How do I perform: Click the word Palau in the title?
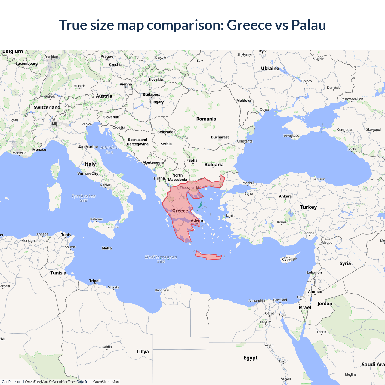click(x=309, y=25)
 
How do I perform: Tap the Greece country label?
click(x=180, y=211)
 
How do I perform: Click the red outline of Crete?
click(x=208, y=256)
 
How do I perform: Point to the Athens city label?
click(x=197, y=220)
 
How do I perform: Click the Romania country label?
click(x=206, y=119)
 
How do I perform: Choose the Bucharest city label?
click(x=220, y=137)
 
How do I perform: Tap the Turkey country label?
click(x=308, y=207)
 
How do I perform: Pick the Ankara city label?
click(x=285, y=196)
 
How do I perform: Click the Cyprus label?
click(x=288, y=259)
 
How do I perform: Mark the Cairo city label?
click(x=269, y=313)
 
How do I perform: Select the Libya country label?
click(x=143, y=351)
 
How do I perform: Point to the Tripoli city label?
click(x=95, y=281)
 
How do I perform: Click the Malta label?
click(x=106, y=248)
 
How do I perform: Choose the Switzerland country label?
click(x=47, y=107)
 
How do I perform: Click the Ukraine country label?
click(x=270, y=68)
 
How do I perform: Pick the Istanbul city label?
click(x=248, y=183)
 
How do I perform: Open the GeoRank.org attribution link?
click(x=12, y=382)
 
